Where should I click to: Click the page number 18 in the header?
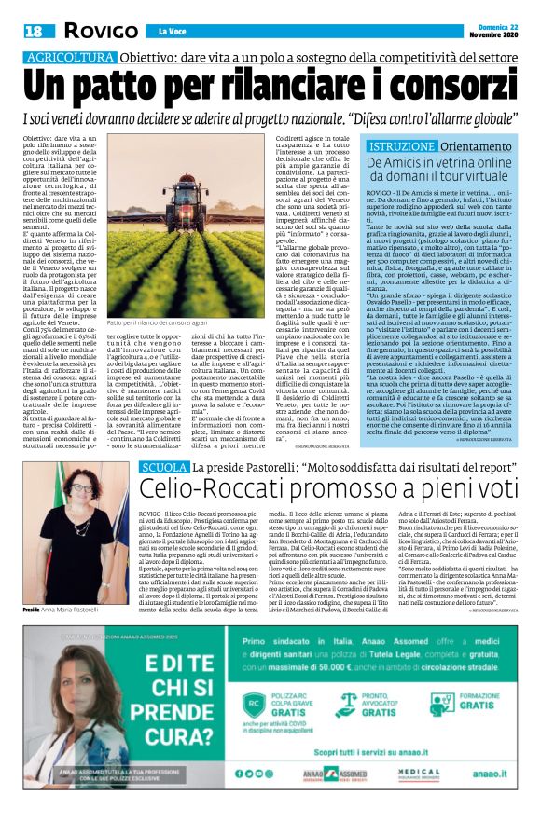pyautogui.click(x=33, y=32)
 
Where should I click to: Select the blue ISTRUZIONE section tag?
pyautogui.click(x=400, y=148)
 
